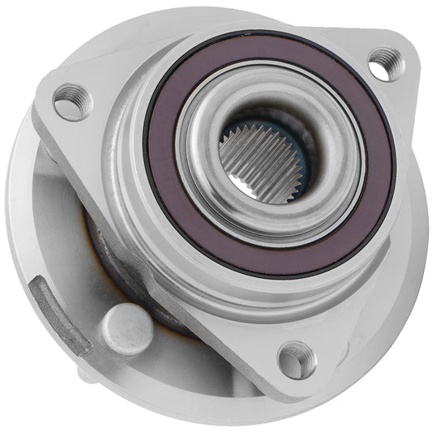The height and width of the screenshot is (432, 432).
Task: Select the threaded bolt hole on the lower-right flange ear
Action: tap(296, 357)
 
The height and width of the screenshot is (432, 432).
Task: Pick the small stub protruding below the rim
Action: tap(85, 374)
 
